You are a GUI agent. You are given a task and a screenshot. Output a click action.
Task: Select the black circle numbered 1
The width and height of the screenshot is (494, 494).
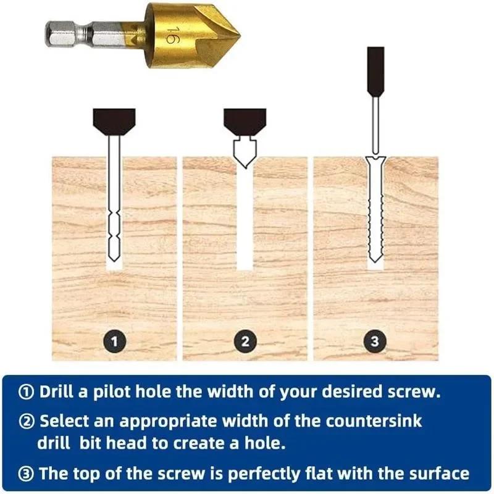click(115, 340)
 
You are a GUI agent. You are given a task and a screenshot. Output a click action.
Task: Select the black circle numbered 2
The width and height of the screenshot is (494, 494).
click(245, 340)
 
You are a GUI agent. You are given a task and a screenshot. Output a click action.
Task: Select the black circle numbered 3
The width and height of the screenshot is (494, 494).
click(376, 340)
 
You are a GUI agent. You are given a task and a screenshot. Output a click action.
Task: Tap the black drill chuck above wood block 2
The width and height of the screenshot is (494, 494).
click(245, 119)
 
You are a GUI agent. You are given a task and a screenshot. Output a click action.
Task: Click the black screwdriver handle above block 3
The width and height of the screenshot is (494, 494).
click(375, 71)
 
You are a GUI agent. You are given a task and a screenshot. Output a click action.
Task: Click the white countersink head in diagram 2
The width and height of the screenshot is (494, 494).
click(245, 152)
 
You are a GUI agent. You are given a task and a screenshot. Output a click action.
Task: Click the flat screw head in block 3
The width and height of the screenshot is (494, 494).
click(375, 160)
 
